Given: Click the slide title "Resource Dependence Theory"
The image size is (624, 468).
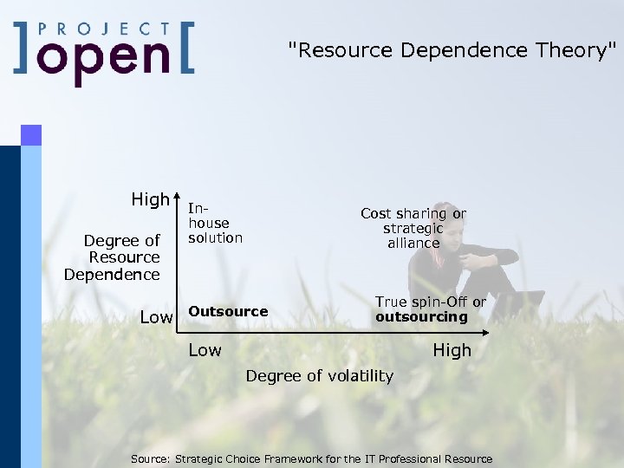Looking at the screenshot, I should click(452, 50).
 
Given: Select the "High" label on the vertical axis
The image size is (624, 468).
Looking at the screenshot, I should click(151, 199).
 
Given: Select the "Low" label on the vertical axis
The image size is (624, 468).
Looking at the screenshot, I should click(156, 317).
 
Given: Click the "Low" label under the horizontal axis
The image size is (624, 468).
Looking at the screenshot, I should click(205, 350).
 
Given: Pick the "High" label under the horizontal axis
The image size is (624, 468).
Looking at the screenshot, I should click(452, 350).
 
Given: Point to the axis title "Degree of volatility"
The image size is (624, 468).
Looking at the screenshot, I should click(320, 376).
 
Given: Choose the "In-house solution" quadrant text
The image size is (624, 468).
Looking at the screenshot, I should click(214, 224).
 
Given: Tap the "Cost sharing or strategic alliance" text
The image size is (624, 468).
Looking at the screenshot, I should click(413, 228).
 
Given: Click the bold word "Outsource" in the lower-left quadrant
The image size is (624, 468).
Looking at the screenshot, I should click(228, 311).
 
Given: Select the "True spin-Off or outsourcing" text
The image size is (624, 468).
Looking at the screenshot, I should click(430, 309).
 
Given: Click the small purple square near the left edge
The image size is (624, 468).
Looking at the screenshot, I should click(31, 134).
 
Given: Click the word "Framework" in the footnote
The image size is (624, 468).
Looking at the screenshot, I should click(293, 459).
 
